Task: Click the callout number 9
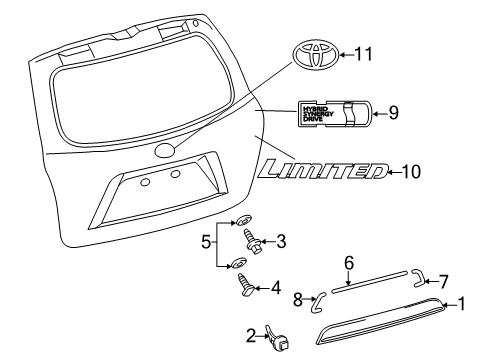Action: (x=393, y=113)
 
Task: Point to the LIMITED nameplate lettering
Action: (x=320, y=172)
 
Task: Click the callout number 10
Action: (x=411, y=172)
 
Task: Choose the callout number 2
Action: (x=252, y=335)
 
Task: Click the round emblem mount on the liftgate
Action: (x=165, y=152)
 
